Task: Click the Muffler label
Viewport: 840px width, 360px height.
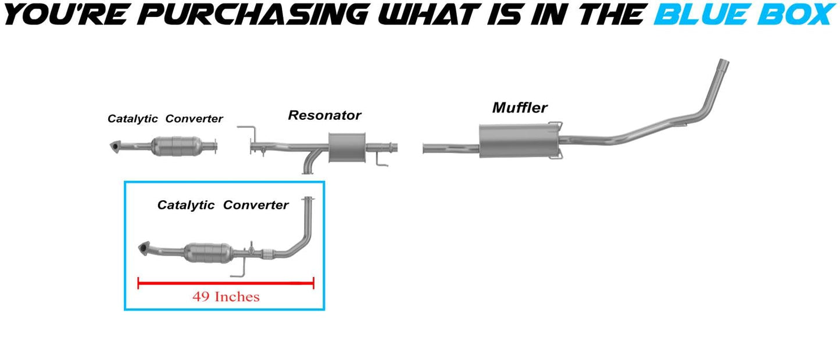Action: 520,108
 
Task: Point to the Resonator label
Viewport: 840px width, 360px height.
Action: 324,115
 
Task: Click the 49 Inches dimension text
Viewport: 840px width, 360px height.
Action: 226,297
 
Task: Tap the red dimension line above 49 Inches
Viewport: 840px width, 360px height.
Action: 226,283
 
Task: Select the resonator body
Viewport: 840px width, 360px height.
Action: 347,148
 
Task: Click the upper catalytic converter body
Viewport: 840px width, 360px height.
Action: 177,146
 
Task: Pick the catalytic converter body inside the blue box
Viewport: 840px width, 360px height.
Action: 209,253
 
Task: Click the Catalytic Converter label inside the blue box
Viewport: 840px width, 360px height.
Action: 223,205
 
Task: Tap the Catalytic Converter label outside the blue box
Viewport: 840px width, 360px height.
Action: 165,119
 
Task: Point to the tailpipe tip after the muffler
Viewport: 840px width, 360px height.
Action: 724,64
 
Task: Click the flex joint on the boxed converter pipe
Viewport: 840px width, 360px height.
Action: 266,254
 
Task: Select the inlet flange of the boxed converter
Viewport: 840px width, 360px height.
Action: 144,248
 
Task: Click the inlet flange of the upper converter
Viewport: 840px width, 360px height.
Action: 115,147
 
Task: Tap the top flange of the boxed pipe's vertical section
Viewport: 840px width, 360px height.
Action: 308,198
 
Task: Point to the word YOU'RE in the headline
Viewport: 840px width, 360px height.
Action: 66,15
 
